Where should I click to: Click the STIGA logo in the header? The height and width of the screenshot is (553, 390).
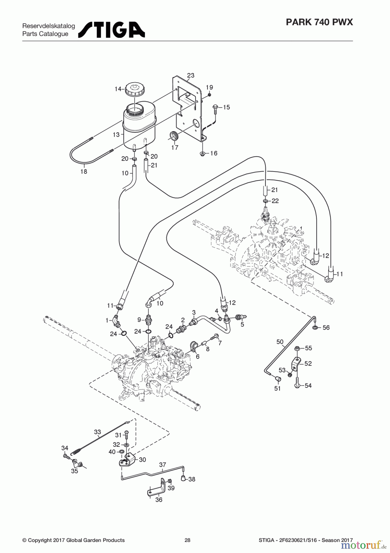[112, 29]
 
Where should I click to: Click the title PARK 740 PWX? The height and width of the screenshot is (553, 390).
[319, 22]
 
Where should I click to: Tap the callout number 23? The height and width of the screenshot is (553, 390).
[191, 75]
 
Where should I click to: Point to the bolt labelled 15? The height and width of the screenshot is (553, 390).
[215, 109]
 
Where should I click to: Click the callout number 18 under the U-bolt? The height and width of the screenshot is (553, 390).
[84, 172]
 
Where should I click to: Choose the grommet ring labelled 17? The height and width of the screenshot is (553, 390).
[174, 136]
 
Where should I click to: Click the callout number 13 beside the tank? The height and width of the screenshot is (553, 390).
[116, 135]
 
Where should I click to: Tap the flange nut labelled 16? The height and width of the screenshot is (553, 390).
[202, 153]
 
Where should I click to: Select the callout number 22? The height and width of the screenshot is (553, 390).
[275, 201]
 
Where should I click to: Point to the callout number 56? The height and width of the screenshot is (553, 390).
[326, 327]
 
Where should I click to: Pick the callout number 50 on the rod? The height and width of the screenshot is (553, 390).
[280, 342]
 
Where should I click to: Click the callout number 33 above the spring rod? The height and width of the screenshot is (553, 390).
[97, 432]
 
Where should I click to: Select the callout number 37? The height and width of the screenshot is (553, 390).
[162, 465]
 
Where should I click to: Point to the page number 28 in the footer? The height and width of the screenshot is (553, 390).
[187, 540]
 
